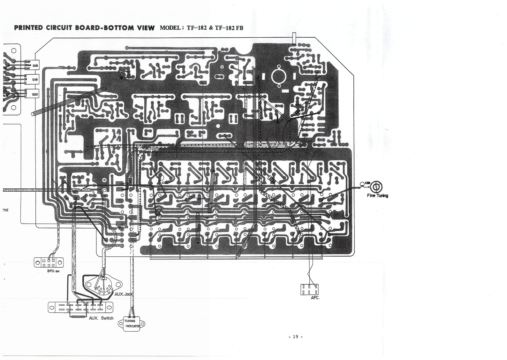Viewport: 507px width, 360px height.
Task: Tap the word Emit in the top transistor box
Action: point(27,61)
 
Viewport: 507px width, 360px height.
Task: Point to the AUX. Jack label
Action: point(124,294)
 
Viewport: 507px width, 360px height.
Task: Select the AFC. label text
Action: point(315,298)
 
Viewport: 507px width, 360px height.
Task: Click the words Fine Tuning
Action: point(378,196)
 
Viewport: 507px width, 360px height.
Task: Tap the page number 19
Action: point(295,337)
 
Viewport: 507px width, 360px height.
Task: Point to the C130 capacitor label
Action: point(165,183)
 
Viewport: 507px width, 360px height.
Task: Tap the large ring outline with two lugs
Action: point(279,76)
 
